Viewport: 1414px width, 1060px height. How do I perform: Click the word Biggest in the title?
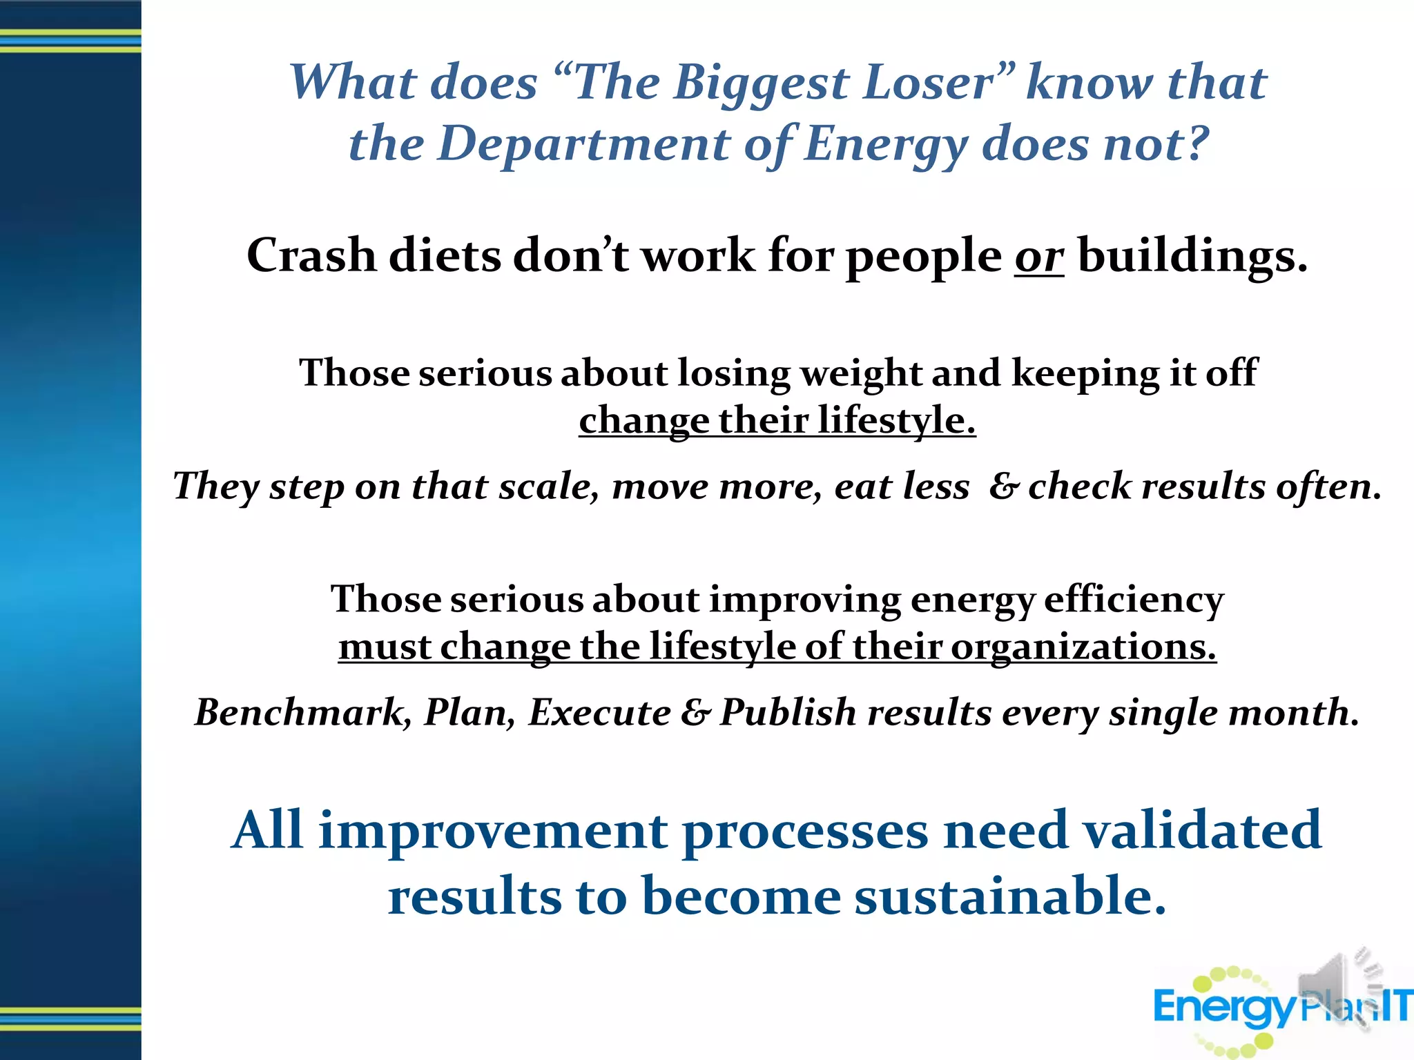point(762,83)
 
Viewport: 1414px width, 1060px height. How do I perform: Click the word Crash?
point(311,255)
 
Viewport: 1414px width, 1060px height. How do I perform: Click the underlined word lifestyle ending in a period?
point(897,420)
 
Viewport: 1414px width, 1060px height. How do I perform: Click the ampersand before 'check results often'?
point(1003,487)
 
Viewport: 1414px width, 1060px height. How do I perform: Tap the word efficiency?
point(1134,599)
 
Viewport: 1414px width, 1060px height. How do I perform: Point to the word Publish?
point(788,712)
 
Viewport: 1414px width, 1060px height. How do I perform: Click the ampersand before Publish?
point(695,713)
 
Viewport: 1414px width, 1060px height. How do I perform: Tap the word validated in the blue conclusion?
point(1201,830)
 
